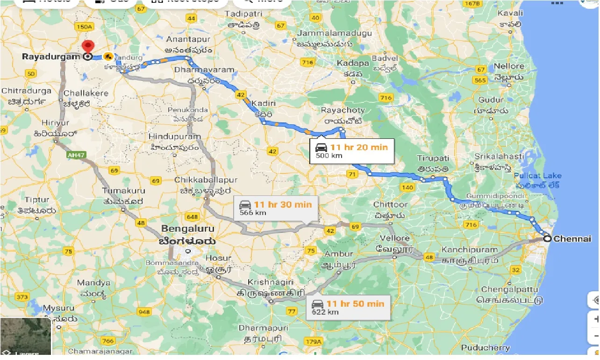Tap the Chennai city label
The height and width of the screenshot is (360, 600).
(x=572, y=239)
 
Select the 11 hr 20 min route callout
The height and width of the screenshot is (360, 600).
(x=352, y=151)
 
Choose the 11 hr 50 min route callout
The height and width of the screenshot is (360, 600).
(x=349, y=307)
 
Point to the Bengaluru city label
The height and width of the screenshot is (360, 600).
(x=187, y=229)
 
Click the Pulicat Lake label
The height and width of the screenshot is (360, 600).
(x=538, y=176)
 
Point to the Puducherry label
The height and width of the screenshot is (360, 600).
(x=486, y=348)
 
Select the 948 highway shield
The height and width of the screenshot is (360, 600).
(x=145, y=312)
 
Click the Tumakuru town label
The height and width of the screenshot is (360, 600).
(x=124, y=191)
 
